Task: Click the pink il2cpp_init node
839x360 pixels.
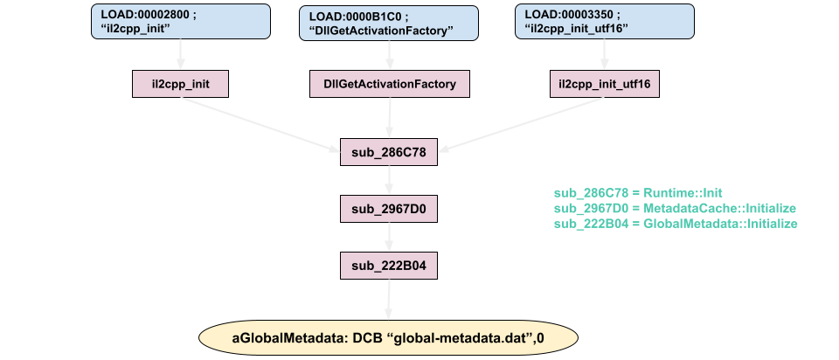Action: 180,85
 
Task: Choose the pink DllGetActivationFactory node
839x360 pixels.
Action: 390,85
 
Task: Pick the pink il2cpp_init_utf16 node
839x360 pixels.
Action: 604,85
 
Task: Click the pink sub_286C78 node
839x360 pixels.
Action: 389,153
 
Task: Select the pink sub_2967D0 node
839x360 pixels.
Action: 389,210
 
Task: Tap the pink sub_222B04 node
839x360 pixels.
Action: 389,266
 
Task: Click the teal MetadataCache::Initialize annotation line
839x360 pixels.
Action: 674,208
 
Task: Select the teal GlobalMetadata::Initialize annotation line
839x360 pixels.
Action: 676,224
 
